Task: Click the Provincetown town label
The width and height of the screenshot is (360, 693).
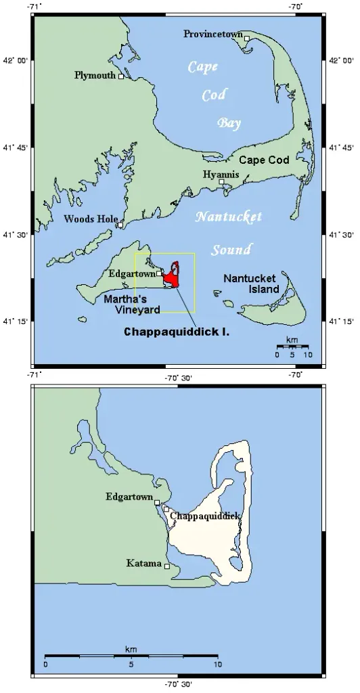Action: tap(213, 33)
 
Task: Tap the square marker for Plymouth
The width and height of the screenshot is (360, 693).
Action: tap(121, 76)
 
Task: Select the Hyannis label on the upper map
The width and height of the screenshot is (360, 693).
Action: tap(221, 175)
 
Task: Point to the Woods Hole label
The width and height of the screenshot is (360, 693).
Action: tap(90, 219)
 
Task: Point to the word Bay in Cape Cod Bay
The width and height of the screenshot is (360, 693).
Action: tap(229, 122)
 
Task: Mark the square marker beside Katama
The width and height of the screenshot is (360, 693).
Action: tap(166, 566)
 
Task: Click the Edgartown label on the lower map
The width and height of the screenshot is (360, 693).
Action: tap(129, 496)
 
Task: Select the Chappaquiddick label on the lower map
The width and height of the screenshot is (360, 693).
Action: tap(206, 516)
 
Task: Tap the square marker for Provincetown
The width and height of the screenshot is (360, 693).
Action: tap(247, 39)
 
